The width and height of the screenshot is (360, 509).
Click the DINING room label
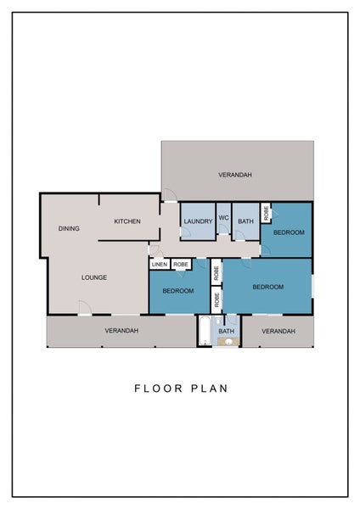tap(69, 229)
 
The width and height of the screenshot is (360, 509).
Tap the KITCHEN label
tap(127, 221)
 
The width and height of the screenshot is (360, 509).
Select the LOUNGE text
tap(93, 277)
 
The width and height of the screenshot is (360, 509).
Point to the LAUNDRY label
tap(197, 221)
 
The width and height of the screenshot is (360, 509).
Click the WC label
tap(224, 218)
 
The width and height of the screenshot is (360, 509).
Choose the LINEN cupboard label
tap(160, 265)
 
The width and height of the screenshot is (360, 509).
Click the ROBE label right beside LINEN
tap(181, 265)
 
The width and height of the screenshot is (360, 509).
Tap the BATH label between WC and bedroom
tap(245, 221)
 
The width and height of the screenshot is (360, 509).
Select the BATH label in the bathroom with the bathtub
tap(226, 332)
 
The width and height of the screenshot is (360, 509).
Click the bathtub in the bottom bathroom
tap(204, 332)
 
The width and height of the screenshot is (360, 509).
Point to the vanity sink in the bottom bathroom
tap(227, 342)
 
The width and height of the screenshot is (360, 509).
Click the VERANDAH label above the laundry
tap(234, 175)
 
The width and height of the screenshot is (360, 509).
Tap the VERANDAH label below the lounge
tap(121, 331)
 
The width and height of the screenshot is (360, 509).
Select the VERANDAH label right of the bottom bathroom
tap(278, 331)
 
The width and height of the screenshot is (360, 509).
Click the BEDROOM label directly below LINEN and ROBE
tap(178, 291)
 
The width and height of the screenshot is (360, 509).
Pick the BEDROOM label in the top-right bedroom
tap(289, 232)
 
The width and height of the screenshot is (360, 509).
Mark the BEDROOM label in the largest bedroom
tap(267, 287)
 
